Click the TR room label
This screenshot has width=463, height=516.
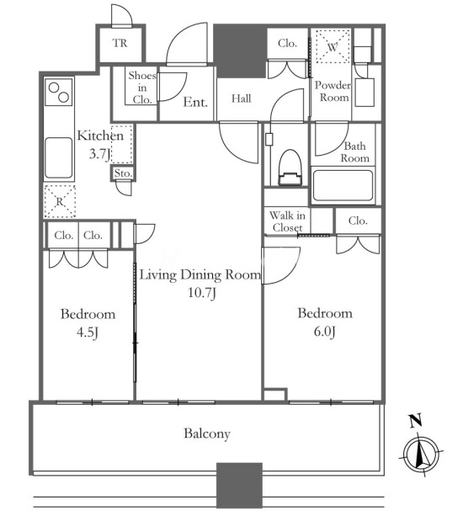[x=120, y=43]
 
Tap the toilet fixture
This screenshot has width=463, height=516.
[x=290, y=168]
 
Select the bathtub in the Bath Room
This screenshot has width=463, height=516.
[x=343, y=185]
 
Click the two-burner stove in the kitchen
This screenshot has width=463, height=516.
[x=59, y=92]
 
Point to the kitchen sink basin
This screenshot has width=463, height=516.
[x=59, y=158]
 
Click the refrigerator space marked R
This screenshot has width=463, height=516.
[x=60, y=201]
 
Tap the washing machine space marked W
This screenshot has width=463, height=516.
[x=333, y=46]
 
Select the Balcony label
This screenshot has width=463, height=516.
[x=207, y=434]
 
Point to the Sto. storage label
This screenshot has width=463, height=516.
[x=123, y=173]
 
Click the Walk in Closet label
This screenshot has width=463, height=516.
[x=287, y=221]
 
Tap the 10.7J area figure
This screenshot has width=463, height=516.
[x=202, y=292]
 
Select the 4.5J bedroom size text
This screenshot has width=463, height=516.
[x=88, y=332]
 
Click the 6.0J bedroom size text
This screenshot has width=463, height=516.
[x=324, y=332]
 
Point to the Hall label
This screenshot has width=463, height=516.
[x=242, y=98]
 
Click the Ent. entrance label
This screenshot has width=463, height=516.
[x=195, y=102]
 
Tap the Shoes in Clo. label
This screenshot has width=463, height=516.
[x=142, y=88]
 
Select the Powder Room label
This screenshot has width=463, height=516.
[x=333, y=91]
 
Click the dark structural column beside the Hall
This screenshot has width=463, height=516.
[x=240, y=51]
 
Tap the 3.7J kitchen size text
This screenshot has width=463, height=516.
[x=99, y=154]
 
